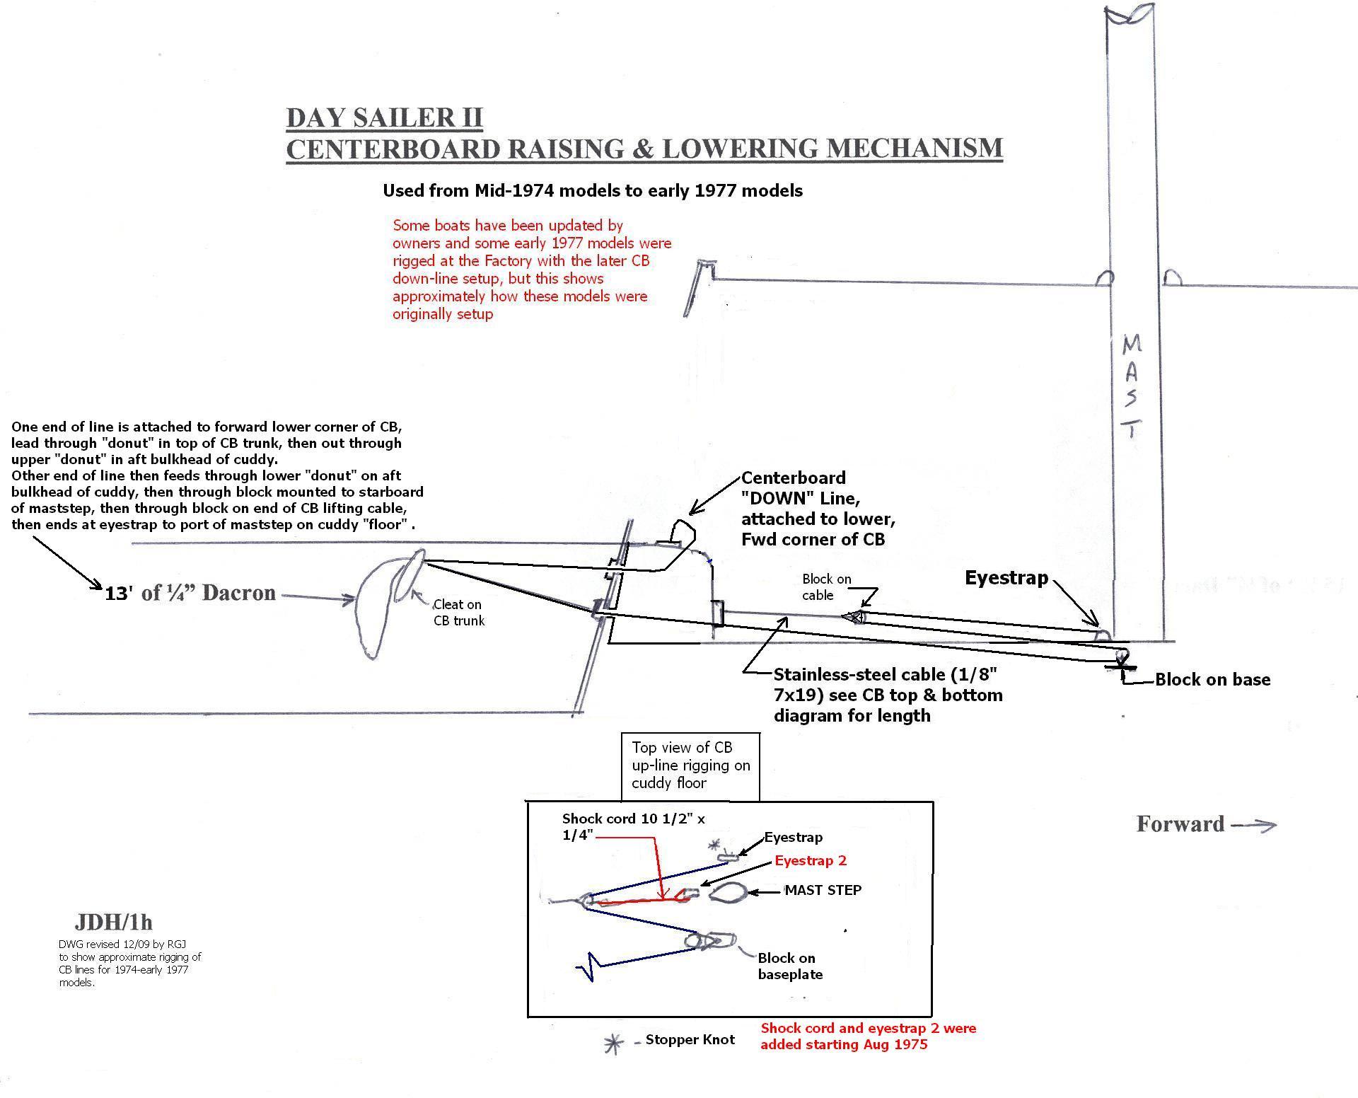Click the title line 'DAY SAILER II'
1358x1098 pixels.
click(x=384, y=117)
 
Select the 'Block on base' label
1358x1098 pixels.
click(x=1212, y=680)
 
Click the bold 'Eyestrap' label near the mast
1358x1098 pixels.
click(x=1006, y=578)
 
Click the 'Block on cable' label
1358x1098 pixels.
click(x=826, y=587)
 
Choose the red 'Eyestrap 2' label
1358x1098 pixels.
click(x=811, y=860)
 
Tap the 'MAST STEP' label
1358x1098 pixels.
click(x=823, y=890)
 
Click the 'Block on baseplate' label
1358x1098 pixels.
click(x=790, y=966)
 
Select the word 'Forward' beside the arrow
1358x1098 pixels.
click(x=1180, y=824)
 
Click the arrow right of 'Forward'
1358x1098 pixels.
click(x=1253, y=825)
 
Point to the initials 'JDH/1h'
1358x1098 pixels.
click(x=113, y=923)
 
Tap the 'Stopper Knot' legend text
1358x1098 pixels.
click(x=690, y=1039)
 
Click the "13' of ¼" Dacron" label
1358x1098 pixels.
click(x=190, y=593)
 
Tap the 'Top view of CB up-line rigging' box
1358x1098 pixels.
click(x=690, y=766)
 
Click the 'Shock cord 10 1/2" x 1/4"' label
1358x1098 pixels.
click(x=633, y=826)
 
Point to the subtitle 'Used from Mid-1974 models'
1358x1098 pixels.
click(x=593, y=190)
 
